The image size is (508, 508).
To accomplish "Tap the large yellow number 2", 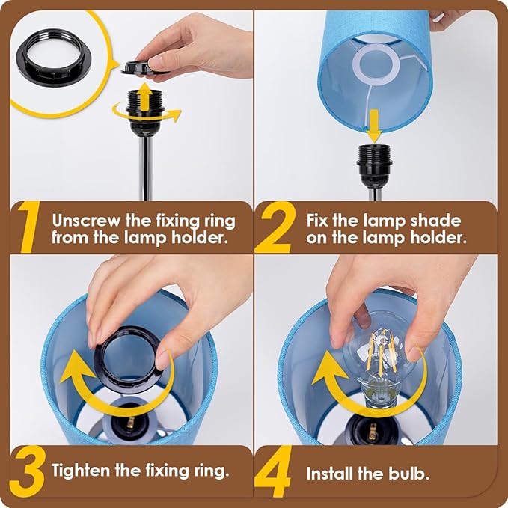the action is coord(275,227).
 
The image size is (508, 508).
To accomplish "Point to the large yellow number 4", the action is coord(274,471).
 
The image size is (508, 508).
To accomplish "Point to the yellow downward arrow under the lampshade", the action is coord(374,126).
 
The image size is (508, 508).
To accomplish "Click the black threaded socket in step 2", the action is coord(375,166).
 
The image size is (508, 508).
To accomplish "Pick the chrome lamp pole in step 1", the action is coord(145,168).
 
